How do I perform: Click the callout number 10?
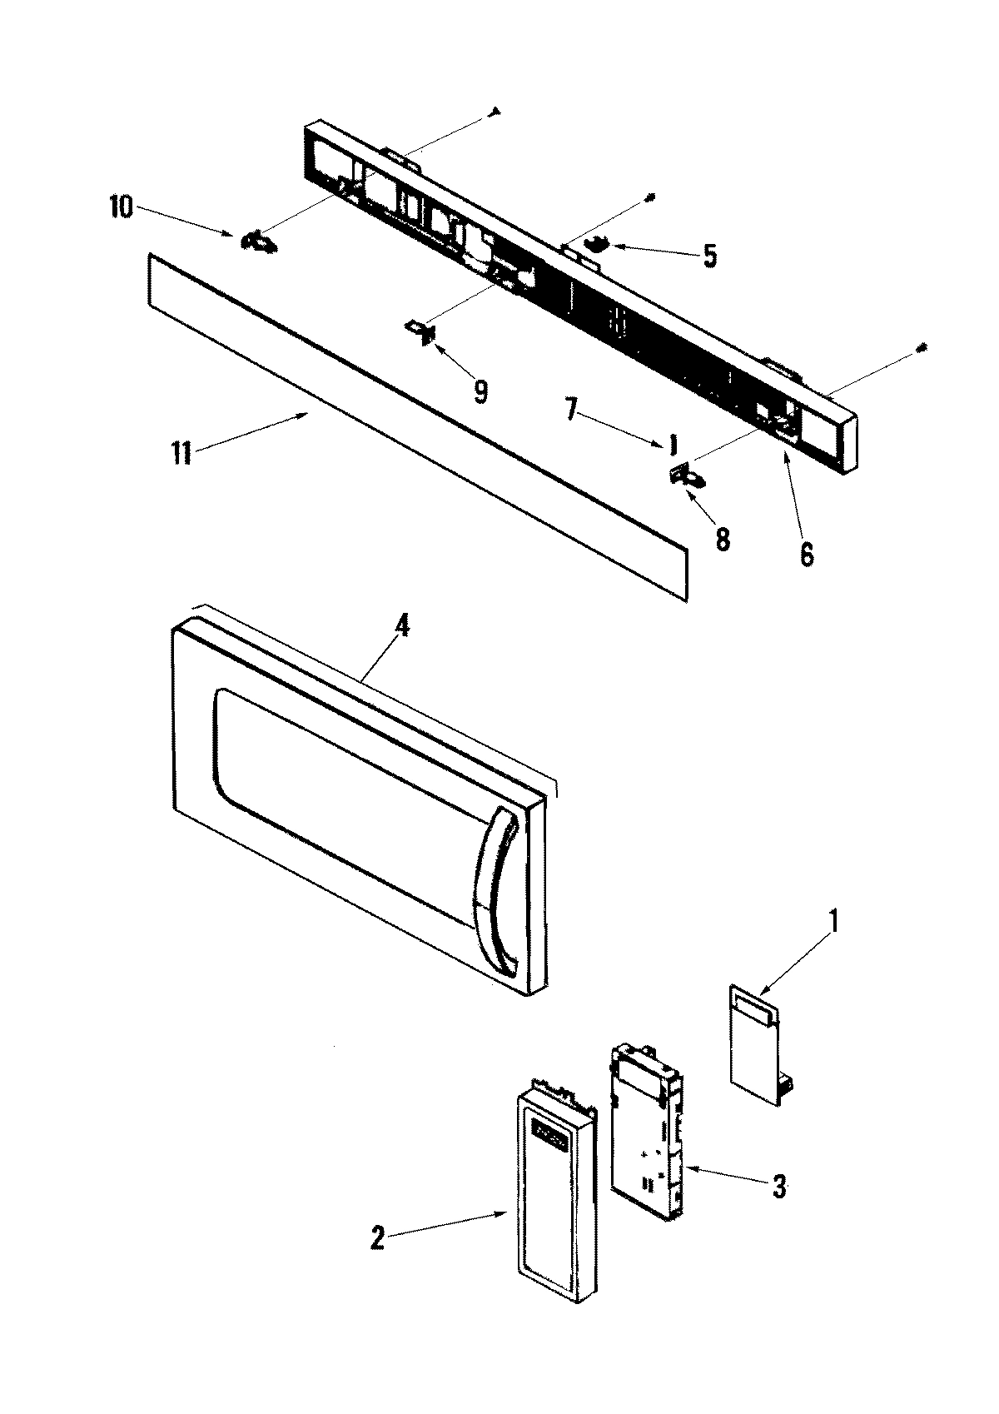click(121, 208)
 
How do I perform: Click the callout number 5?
click(709, 256)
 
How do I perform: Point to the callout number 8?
click(722, 540)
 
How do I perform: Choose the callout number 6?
click(806, 554)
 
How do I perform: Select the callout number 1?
click(835, 923)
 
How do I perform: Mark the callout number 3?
click(778, 1187)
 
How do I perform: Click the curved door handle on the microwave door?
click(496, 891)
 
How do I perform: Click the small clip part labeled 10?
click(259, 241)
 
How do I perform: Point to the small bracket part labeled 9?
click(422, 331)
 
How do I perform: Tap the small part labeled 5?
click(597, 244)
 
